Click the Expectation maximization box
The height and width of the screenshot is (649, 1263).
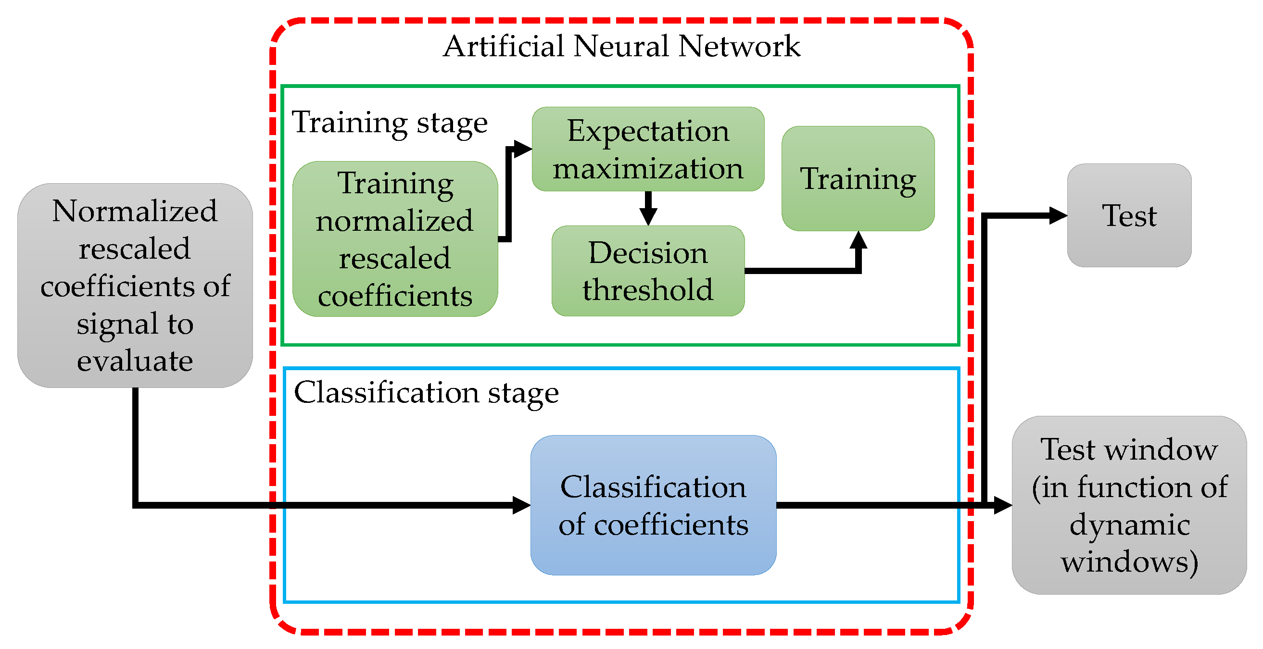coord(648,149)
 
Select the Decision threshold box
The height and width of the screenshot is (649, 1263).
coord(648,271)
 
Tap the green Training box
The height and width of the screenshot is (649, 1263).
coord(858,178)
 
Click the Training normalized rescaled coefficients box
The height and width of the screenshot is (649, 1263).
coord(395,239)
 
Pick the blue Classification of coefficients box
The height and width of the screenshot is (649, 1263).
coord(653,505)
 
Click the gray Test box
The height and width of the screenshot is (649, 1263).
coord(1129,216)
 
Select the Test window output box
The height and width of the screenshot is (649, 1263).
coord(1129,505)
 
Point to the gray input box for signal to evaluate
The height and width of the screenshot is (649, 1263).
coord(135,285)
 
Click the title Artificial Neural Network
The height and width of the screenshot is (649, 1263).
coord(621,47)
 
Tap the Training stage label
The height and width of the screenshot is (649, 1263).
coord(390,122)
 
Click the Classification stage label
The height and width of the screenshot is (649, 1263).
coord(426,393)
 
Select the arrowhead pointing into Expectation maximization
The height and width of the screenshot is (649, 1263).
coord(523,149)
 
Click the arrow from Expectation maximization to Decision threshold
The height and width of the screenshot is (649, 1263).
coord(648,209)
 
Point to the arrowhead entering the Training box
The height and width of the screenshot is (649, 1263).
coord(858,240)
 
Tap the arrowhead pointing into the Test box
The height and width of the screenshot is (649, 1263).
coord(1058,216)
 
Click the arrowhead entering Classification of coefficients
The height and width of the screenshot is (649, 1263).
coord(521,505)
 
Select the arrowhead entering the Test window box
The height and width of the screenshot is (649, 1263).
coord(1003,505)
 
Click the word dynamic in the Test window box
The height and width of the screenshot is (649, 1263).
coord(1129,524)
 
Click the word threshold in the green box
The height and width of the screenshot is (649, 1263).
coord(648,290)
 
